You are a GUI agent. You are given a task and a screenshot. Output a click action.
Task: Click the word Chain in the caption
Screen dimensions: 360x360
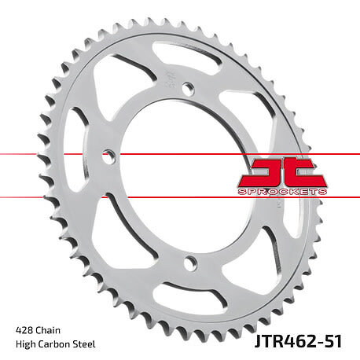point(48,330)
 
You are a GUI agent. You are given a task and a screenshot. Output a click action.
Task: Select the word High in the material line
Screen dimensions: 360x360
point(25,344)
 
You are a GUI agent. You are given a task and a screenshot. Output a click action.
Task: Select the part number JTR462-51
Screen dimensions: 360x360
point(298,341)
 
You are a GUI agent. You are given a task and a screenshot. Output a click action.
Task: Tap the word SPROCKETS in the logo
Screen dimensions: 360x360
point(282,192)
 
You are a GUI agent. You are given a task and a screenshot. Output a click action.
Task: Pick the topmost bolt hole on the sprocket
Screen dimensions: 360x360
point(188,87)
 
